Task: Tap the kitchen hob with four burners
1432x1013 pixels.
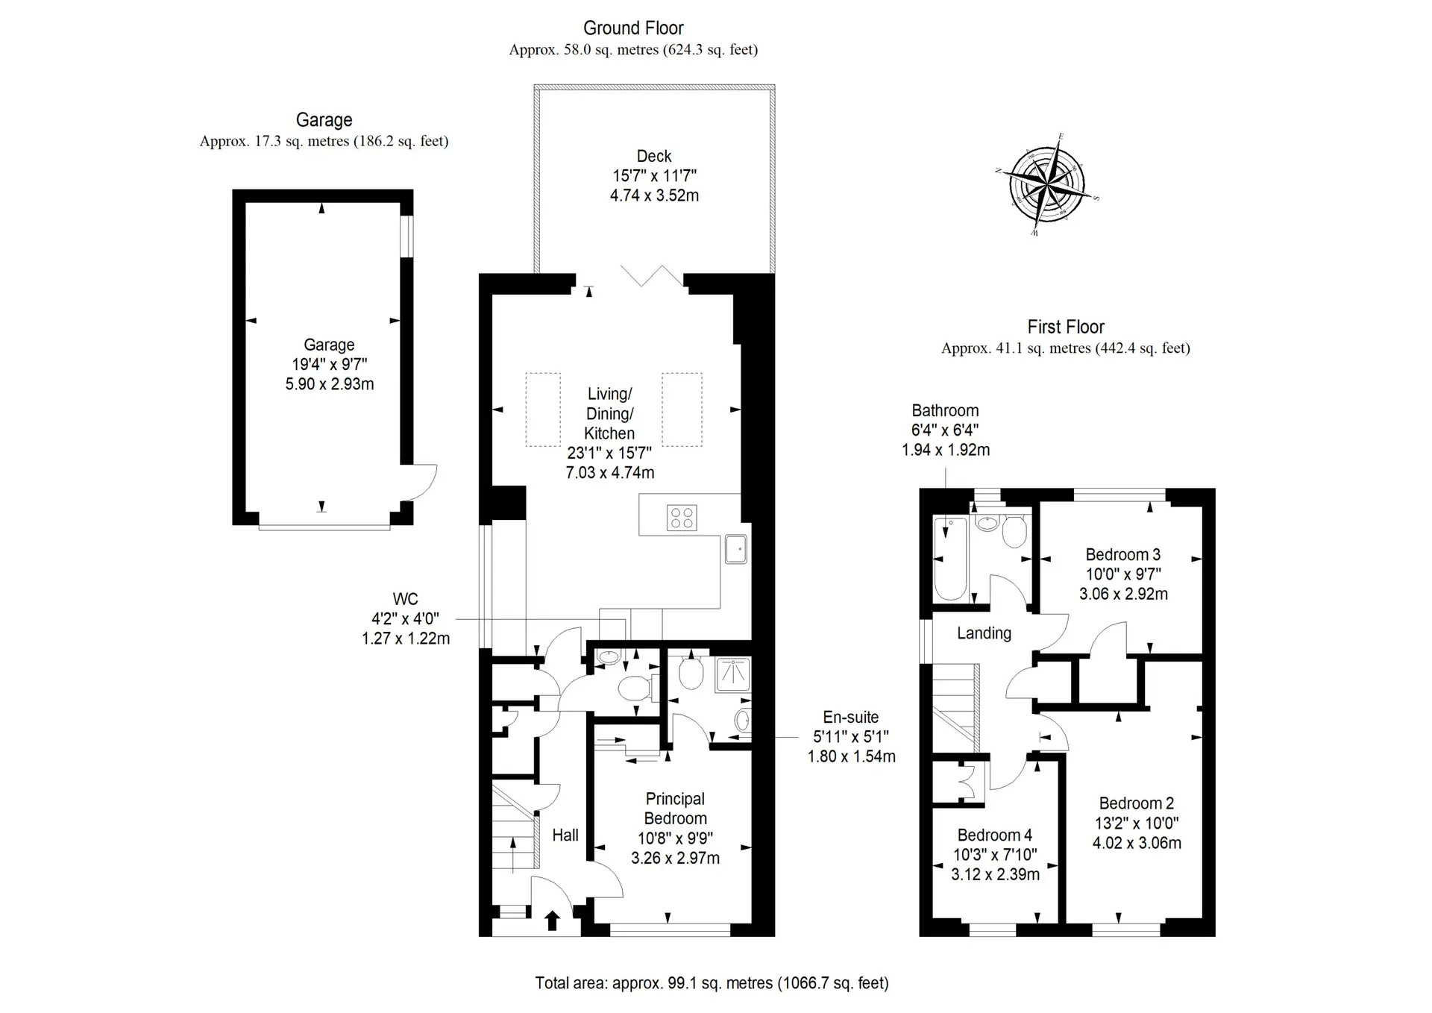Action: (x=682, y=518)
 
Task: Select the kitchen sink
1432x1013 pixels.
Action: (x=735, y=549)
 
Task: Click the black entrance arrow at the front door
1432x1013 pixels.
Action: (x=552, y=921)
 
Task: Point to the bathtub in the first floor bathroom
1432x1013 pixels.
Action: (x=950, y=559)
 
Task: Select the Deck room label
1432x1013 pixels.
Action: (x=654, y=156)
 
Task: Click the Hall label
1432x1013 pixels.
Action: (x=565, y=835)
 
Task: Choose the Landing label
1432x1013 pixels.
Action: (x=984, y=633)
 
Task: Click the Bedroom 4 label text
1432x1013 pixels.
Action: (x=995, y=835)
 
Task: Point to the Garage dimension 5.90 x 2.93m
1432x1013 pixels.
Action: (x=330, y=384)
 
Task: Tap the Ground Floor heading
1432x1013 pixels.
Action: (x=633, y=28)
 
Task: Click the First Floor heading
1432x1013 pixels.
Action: (x=1066, y=327)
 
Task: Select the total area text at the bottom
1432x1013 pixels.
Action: (x=712, y=983)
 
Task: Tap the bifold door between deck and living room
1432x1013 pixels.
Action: (x=652, y=276)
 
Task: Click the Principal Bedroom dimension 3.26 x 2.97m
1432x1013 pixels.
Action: (x=676, y=858)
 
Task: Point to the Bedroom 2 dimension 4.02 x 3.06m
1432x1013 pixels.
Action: (x=1137, y=843)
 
